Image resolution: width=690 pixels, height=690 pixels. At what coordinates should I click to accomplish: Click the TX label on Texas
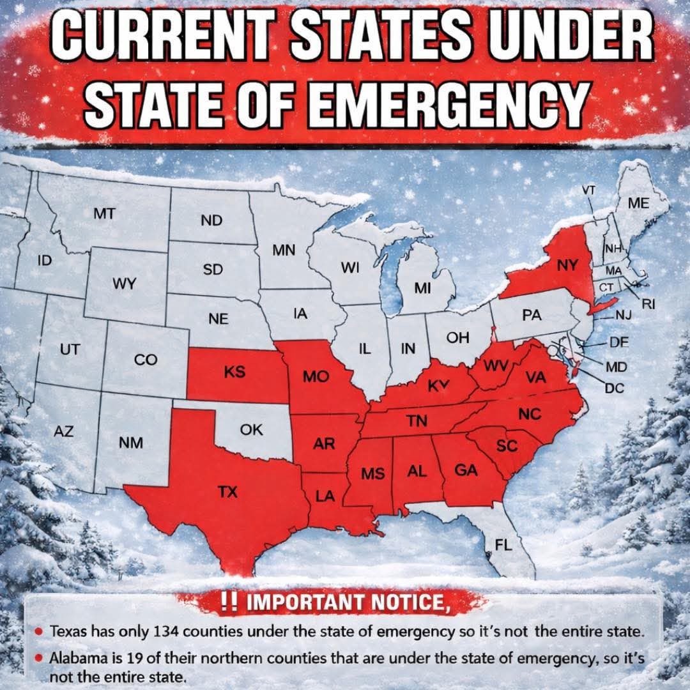(227, 492)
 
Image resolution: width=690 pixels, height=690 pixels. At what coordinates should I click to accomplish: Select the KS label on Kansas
(235, 372)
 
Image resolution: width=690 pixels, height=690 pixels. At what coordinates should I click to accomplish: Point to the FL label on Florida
(504, 545)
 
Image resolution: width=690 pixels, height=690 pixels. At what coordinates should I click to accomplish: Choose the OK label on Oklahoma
(252, 430)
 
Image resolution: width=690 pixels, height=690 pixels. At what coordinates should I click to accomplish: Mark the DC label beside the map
(615, 387)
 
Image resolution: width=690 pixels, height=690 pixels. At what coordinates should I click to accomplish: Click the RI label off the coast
(648, 304)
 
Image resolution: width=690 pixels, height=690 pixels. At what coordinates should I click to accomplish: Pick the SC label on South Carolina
(507, 446)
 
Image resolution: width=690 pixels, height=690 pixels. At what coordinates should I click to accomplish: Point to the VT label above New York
(589, 190)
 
